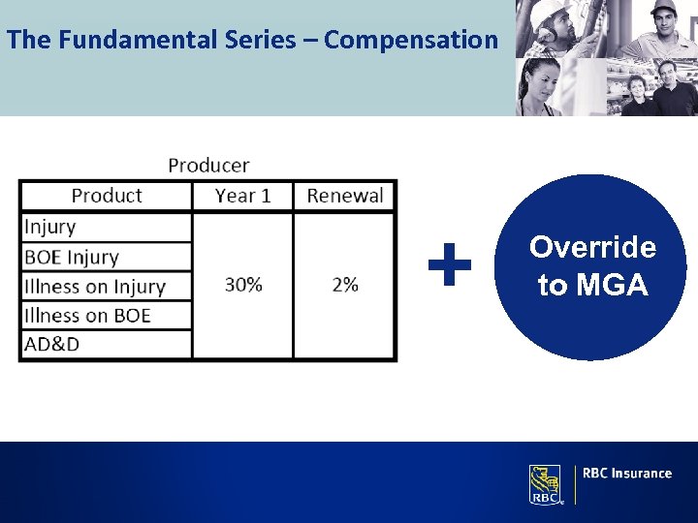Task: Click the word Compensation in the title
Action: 410,40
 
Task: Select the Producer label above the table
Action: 208,166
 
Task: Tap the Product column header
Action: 107,196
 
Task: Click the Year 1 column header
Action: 242,196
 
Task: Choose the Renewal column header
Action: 345,196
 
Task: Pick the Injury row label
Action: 50,227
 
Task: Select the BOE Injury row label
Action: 72,257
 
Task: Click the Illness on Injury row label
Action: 95,287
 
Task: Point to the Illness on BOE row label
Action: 87,315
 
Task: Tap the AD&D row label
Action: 52,344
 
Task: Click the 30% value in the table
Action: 243,285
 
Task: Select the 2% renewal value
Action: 344,285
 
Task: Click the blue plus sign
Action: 450,264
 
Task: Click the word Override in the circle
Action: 592,248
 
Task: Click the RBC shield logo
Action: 544,484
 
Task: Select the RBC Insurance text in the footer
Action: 627,474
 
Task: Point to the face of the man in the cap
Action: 664,20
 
